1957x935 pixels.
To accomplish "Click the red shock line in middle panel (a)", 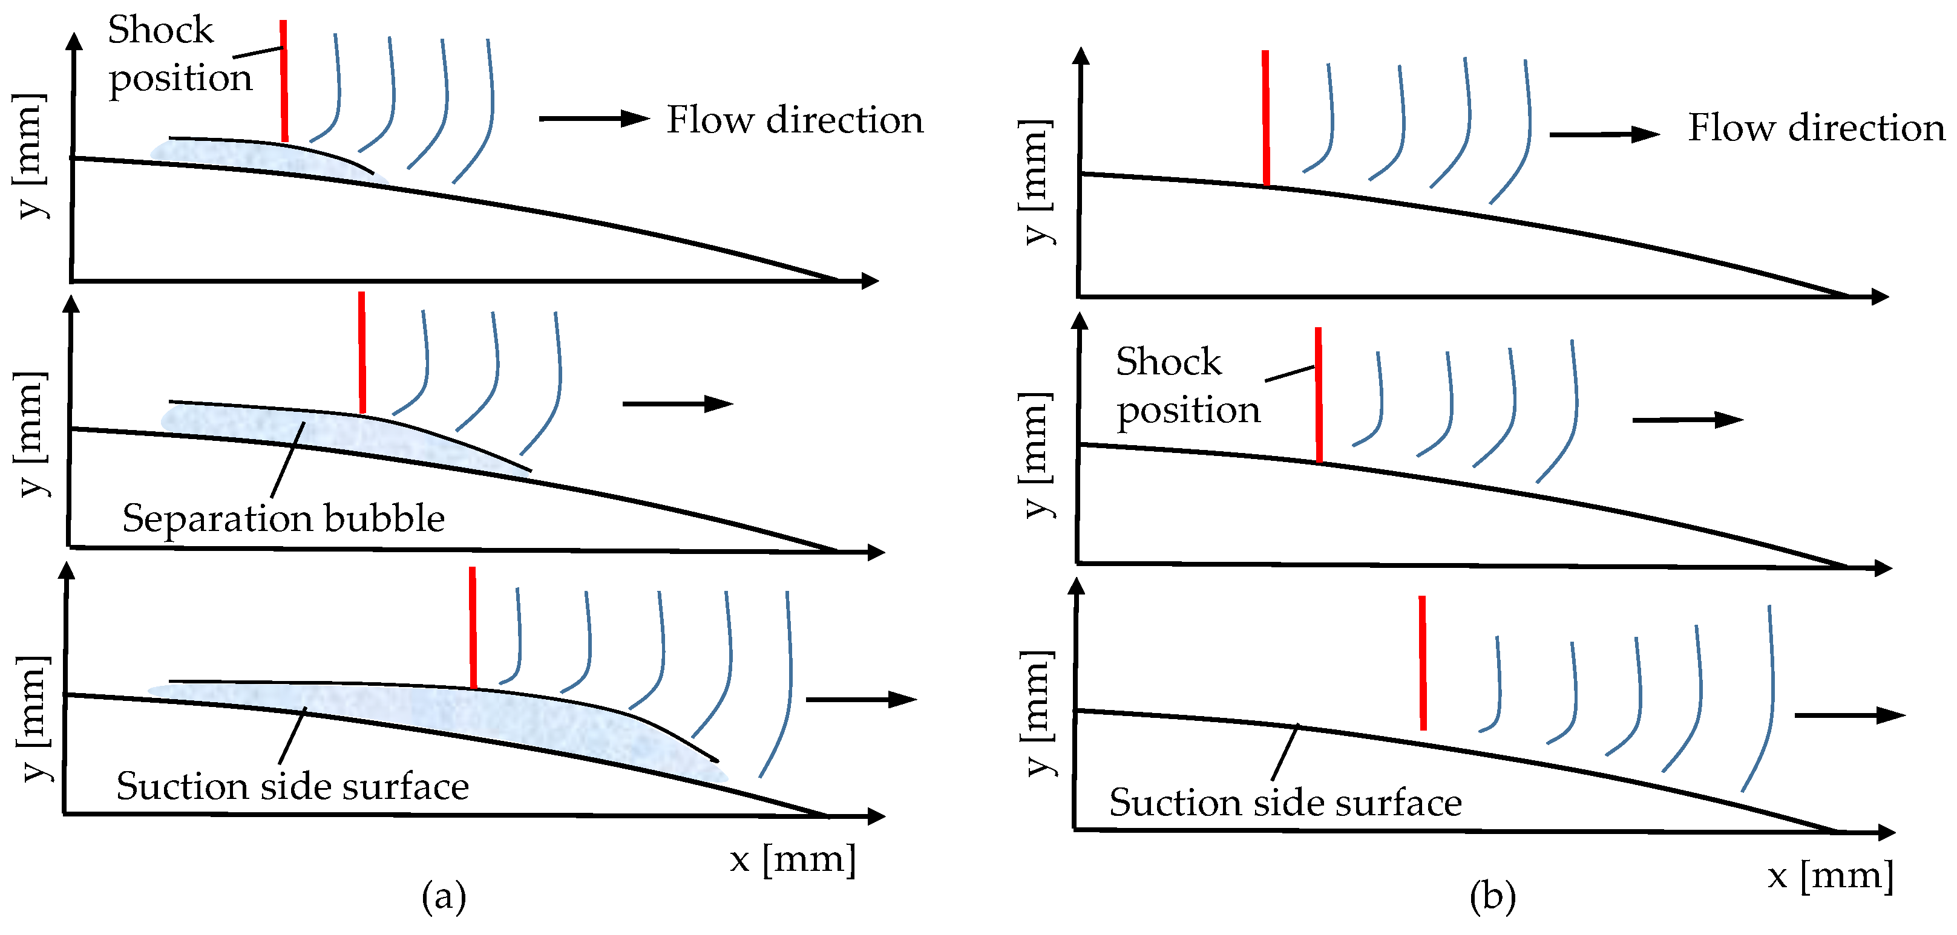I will point(362,353).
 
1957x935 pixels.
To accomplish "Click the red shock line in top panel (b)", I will point(1266,118).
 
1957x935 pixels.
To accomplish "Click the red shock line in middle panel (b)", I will point(1319,395).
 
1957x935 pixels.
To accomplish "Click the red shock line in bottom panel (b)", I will point(1422,662).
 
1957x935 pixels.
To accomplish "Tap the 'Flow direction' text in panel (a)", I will point(795,120).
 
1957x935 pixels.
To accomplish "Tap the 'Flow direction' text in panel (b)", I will point(1815,128).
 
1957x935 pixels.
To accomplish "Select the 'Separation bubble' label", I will point(283,519).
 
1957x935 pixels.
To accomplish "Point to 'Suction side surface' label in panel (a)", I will point(292,786).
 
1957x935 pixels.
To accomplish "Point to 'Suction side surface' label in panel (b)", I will point(1285,803).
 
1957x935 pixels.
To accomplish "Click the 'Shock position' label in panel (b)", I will point(1187,386).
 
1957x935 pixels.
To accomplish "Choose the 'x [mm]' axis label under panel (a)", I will point(792,859).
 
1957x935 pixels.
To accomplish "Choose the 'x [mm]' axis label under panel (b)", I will point(1830,876).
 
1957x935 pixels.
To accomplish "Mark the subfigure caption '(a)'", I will point(444,896).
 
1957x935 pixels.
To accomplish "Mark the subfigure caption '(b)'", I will point(1492,896).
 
